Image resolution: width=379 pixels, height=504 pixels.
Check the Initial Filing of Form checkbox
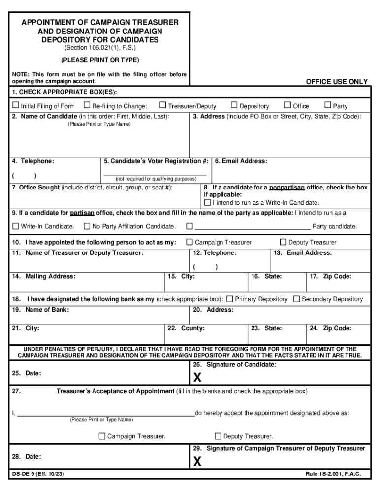coord(16,106)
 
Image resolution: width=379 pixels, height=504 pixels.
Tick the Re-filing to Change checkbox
coord(87,105)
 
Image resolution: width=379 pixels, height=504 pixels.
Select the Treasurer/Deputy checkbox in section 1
coord(163,105)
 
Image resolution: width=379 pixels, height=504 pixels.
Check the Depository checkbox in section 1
coord(234,105)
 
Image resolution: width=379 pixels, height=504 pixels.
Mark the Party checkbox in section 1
coord(328,105)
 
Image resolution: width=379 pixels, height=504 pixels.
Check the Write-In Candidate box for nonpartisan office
coord(207,202)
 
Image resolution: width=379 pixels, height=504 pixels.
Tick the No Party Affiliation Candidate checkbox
coord(87,226)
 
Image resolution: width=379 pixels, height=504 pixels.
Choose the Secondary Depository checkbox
coord(296,299)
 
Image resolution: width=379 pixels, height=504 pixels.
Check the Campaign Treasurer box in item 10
coord(189,242)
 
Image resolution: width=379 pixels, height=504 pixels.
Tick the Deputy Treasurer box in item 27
coord(218,436)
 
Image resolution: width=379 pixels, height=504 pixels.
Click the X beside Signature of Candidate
coord(197,378)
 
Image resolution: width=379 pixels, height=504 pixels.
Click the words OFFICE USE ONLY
coord(337,82)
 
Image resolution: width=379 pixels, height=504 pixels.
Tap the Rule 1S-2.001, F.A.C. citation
coord(333,474)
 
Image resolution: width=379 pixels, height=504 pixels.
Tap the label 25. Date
coord(27,373)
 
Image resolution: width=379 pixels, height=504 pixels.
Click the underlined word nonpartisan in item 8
coord(286,188)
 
